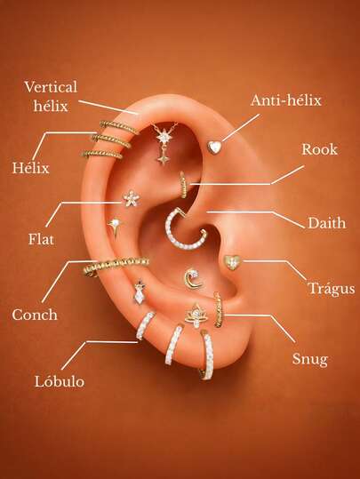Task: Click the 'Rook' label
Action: pyautogui.click(x=320, y=149)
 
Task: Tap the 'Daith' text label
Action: pyautogui.click(x=327, y=223)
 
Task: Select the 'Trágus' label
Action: pyautogui.click(x=332, y=289)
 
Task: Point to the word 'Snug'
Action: pyautogui.click(x=310, y=360)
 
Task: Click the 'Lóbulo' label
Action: pyautogui.click(x=60, y=381)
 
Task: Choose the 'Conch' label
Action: pyautogui.click(x=35, y=315)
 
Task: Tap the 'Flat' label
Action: pyautogui.click(x=41, y=239)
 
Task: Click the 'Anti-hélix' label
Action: pyautogui.click(x=286, y=100)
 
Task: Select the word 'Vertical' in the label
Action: pyautogui.click(x=51, y=87)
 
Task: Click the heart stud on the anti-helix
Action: pyautogui.click(x=214, y=147)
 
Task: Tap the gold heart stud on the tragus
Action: pyautogui.click(x=232, y=262)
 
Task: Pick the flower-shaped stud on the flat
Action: pyautogui.click(x=132, y=198)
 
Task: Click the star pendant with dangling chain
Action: pyautogui.click(x=164, y=143)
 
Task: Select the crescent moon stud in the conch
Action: pyautogui.click(x=193, y=279)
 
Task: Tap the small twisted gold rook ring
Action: pyautogui.click(x=183, y=185)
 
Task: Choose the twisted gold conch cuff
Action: pyautogui.click(x=116, y=265)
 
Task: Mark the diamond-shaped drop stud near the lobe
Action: pyautogui.click(x=140, y=293)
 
